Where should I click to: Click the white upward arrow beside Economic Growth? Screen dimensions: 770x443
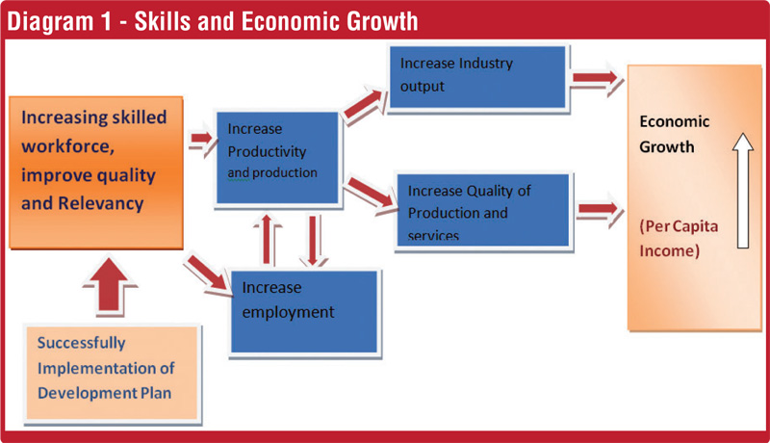[743, 191]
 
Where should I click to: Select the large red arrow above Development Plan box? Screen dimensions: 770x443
[109, 285]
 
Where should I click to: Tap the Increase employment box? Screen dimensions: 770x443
[304, 312]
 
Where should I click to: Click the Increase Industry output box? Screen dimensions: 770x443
[477, 77]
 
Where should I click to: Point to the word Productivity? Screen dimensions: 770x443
[267, 151]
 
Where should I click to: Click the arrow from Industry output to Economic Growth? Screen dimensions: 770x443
[596, 78]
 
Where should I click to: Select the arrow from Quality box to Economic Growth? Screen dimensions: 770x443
[599, 209]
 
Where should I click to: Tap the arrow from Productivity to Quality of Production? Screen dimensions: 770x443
[371, 194]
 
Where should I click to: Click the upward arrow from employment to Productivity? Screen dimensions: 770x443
[267, 240]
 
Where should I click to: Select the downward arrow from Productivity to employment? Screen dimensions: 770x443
[313, 241]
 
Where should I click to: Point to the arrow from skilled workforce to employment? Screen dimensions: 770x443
[207, 274]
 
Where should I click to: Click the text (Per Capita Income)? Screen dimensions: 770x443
[679, 239]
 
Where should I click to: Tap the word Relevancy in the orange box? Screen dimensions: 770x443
[101, 203]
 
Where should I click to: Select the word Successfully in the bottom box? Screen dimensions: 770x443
[81, 343]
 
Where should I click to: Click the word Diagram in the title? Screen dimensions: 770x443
[50, 22]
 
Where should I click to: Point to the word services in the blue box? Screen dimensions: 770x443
[433, 236]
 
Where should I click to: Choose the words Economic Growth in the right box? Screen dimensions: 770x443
[675, 134]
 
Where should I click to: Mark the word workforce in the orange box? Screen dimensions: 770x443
[67, 146]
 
